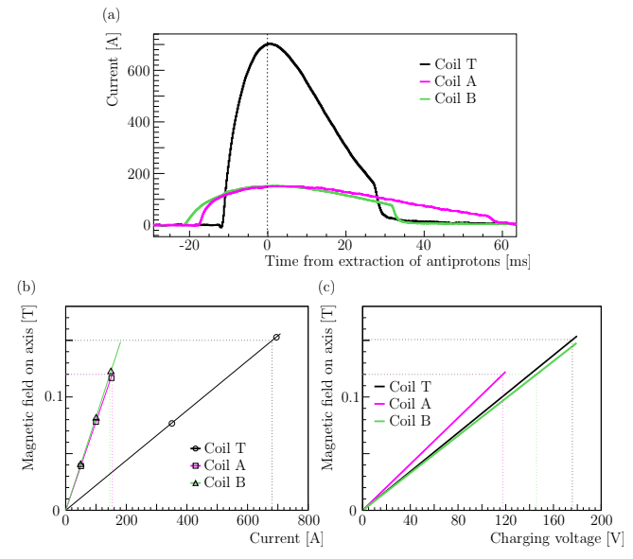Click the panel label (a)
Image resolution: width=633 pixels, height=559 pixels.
(x=111, y=14)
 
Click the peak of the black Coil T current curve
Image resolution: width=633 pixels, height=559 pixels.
(x=270, y=44)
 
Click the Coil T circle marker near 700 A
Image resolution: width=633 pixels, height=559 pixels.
(x=276, y=337)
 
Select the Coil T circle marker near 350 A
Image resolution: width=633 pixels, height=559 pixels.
(x=171, y=423)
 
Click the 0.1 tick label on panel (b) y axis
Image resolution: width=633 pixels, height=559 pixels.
(x=48, y=395)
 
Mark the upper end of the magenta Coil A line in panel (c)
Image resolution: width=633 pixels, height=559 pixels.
(x=505, y=372)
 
